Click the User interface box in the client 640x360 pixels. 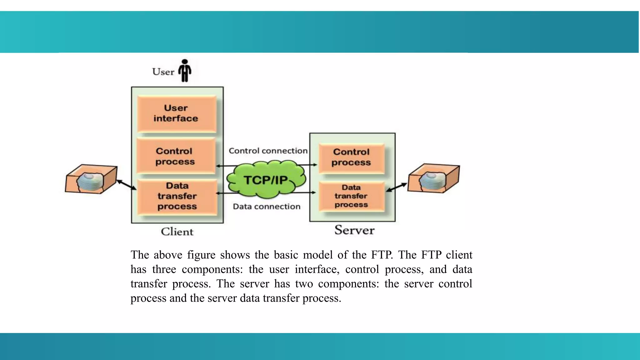tap(177, 113)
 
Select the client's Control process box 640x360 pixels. tap(176, 156)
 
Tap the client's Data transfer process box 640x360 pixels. tap(177, 197)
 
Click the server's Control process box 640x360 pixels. tap(351, 157)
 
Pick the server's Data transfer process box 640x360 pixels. tap(351, 196)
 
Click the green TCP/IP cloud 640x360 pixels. tap(266, 180)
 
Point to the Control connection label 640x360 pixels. tap(268, 151)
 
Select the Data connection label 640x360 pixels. tap(267, 207)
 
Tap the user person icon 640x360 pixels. tap(185, 71)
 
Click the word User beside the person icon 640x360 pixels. tap(163, 72)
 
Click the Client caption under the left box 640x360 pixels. tap(177, 232)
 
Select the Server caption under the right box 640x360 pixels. tap(354, 230)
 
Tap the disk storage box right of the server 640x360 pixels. tap(433, 178)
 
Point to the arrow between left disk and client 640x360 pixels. tap(127, 185)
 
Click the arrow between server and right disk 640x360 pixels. tap(397, 187)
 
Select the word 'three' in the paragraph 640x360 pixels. tap(164, 269)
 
